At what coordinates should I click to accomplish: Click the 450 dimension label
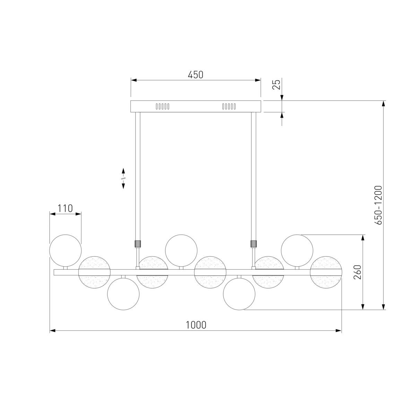196,75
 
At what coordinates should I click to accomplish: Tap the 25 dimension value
276,84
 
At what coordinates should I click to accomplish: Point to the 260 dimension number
357,272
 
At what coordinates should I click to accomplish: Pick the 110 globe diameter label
65,208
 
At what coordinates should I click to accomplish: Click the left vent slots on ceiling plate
163,106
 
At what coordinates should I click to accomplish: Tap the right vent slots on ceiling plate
229,106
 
